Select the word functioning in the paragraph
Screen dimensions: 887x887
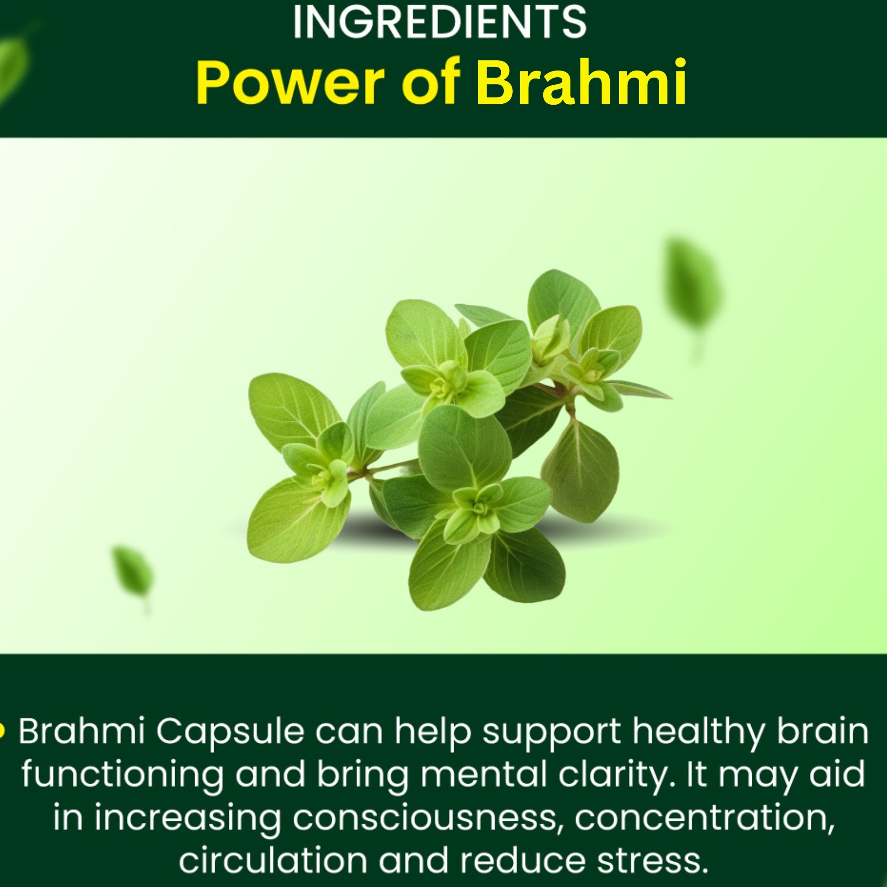click(122, 776)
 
